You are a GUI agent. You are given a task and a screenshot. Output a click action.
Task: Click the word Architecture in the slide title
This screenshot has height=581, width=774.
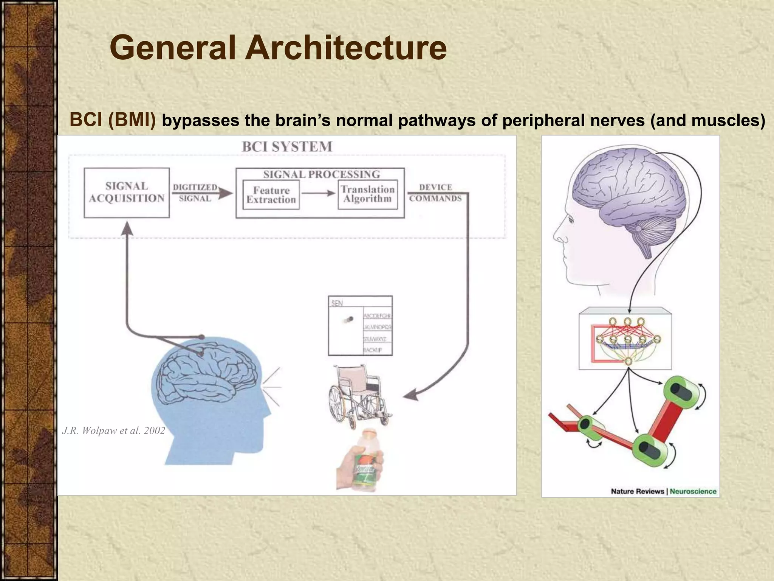pyautogui.click(x=346, y=48)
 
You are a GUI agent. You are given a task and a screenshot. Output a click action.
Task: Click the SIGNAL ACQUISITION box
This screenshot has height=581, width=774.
pyautogui.click(x=127, y=193)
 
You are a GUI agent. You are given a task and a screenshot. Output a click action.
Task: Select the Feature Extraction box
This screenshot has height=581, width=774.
pyautogui.click(x=271, y=195)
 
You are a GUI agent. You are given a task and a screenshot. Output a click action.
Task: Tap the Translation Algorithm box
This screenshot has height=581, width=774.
pyautogui.click(x=367, y=194)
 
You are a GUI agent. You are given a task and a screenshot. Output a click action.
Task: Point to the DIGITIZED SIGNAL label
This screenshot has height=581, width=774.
pyautogui.click(x=195, y=193)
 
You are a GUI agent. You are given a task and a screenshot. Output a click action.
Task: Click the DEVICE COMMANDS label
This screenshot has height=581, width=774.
pyautogui.click(x=435, y=193)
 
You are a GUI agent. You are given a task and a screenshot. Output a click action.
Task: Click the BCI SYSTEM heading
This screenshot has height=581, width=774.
pyautogui.click(x=287, y=147)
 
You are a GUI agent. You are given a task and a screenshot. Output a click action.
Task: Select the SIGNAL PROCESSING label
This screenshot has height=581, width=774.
pyautogui.click(x=321, y=174)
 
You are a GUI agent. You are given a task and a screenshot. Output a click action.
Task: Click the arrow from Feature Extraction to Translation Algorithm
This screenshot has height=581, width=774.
pyautogui.click(x=318, y=194)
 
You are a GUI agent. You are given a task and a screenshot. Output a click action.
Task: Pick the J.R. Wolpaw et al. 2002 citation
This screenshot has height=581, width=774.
pyautogui.click(x=113, y=430)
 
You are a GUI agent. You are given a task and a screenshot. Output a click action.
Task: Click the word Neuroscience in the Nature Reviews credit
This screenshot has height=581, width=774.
pyautogui.click(x=693, y=491)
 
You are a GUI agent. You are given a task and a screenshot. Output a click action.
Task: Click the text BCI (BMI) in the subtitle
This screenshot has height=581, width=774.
pyautogui.click(x=113, y=120)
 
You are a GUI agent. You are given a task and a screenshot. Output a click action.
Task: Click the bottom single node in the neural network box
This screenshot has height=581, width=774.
pyautogui.click(x=628, y=361)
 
